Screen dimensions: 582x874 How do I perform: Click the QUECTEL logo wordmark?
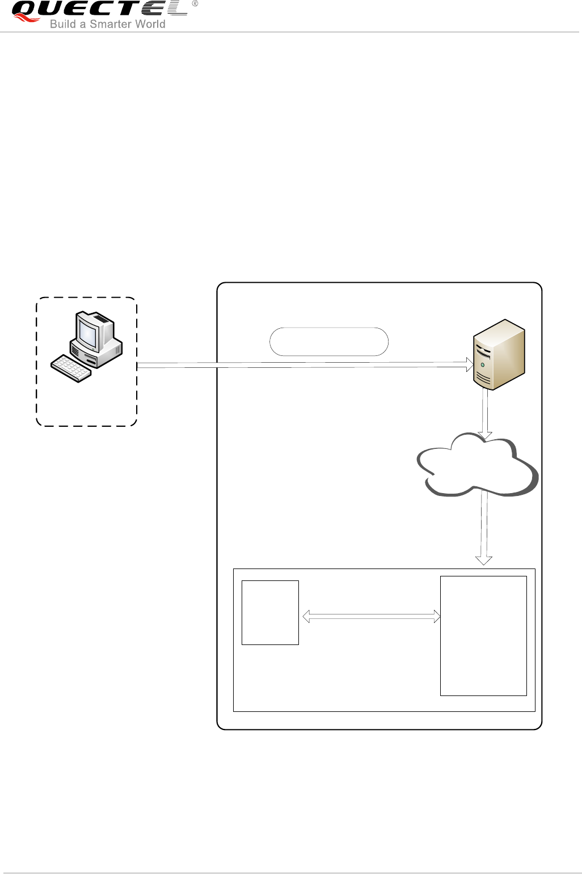(99, 10)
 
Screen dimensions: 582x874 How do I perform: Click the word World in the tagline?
(149, 24)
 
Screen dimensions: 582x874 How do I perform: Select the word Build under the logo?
(62, 24)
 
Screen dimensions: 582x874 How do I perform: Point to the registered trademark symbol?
(195, 4)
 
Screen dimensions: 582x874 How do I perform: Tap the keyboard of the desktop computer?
(71, 369)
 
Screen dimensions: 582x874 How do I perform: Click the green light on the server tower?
(482, 365)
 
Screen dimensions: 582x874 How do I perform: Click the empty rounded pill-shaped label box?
(329, 341)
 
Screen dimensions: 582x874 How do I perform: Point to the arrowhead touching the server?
(469, 366)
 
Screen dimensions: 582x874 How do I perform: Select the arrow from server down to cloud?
(484, 411)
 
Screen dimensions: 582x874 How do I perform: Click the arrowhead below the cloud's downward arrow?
(483, 560)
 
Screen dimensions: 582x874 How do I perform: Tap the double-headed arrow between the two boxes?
(372, 616)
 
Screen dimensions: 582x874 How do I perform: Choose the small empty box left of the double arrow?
(270, 612)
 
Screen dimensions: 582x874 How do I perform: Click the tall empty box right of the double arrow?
(483, 635)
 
